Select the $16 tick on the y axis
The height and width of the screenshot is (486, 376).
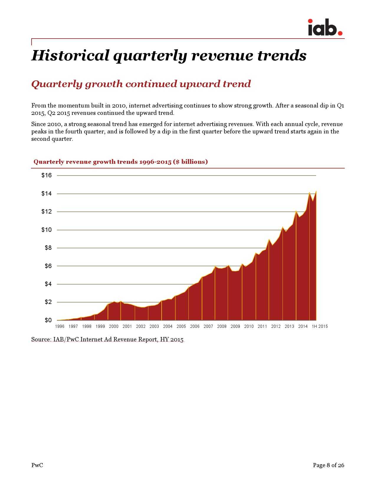47,176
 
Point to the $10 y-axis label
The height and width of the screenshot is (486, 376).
47,230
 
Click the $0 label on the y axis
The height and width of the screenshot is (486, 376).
48,320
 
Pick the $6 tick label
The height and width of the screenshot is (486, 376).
48,266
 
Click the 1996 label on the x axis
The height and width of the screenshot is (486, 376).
60,326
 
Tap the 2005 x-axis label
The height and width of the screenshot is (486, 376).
181,326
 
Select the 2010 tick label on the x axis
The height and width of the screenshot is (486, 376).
249,326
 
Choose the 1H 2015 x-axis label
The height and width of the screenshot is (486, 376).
320,326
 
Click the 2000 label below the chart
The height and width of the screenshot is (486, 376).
114,326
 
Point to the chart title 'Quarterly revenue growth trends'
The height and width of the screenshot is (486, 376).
121,162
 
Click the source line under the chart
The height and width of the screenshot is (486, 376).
107,339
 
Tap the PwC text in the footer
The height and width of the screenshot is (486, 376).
37,465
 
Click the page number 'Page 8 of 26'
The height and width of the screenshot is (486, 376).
328,465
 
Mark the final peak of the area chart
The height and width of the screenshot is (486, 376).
316,191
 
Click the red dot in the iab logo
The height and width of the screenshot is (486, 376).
340,33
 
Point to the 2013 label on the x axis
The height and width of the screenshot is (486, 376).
289,326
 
